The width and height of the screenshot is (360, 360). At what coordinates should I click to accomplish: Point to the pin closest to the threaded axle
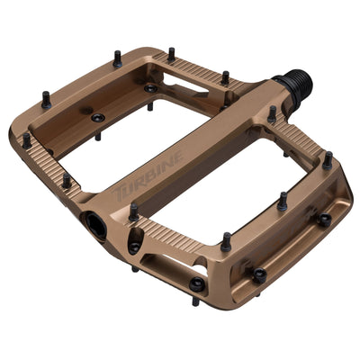[272, 114]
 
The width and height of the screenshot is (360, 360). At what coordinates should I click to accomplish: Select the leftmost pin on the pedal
[27, 140]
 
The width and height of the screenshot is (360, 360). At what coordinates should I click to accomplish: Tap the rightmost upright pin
[327, 159]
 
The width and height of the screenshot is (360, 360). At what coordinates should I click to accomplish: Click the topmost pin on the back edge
[171, 54]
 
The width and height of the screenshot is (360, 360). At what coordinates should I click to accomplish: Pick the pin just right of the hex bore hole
[134, 212]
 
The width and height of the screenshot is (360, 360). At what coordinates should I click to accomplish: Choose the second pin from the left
[46, 100]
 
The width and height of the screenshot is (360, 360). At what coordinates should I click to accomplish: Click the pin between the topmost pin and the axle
[225, 77]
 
